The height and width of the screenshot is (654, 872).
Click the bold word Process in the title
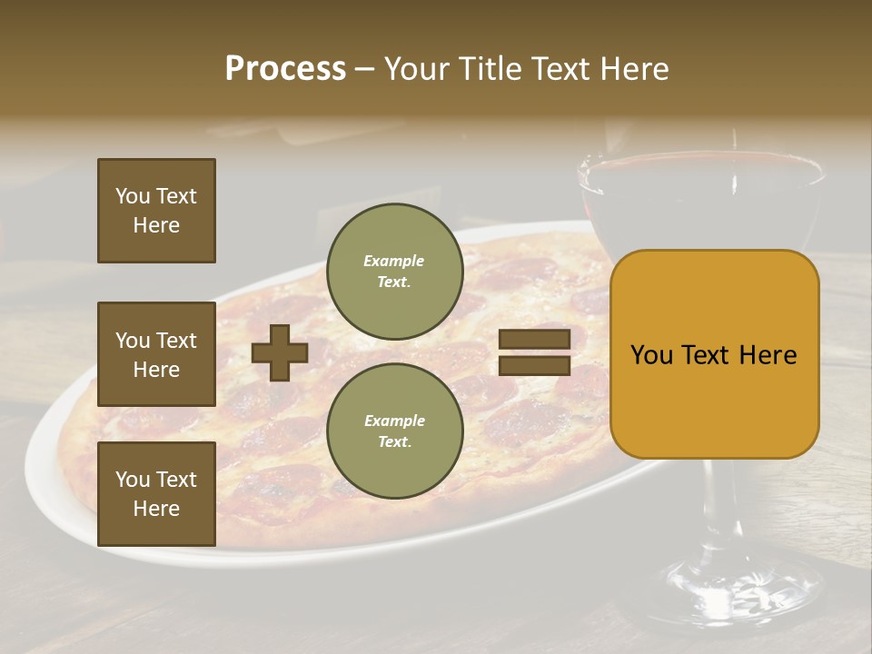(285, 69)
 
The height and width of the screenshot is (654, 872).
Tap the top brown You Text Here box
(156, 211)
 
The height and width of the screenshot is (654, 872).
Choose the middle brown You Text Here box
(156, 354)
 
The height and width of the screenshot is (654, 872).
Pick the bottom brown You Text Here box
(156, 494)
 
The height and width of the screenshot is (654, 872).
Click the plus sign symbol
(280, 353)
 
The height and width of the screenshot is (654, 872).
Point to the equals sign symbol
(534, 352)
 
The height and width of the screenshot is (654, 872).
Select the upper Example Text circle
(394, 272)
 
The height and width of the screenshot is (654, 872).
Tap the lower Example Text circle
(394, 431)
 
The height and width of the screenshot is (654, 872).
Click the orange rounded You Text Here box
(714, 354)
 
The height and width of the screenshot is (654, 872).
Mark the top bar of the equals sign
(534, 340)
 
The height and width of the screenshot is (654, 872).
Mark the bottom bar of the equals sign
(534, 365)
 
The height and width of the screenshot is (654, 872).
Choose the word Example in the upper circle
(394, 261)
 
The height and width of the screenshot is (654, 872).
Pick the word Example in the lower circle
(394, 421)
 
